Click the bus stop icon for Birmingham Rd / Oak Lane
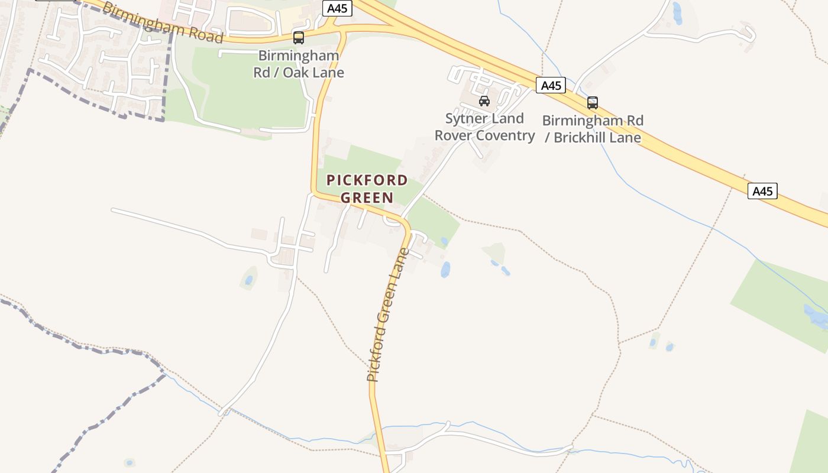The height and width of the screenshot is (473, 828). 299,38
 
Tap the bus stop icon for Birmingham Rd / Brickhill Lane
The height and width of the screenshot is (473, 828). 593,103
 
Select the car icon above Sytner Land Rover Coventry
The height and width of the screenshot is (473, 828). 484,101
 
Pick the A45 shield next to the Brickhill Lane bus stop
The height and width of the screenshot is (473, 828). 551,86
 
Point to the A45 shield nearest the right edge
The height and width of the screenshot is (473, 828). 762,191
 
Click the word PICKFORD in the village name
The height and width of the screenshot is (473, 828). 367,180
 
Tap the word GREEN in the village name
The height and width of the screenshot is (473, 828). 367,197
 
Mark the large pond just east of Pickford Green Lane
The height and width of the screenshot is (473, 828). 445,270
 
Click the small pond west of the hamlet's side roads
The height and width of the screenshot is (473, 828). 249,280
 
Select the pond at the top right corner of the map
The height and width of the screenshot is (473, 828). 677,12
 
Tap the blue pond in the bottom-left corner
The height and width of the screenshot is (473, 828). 129,462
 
